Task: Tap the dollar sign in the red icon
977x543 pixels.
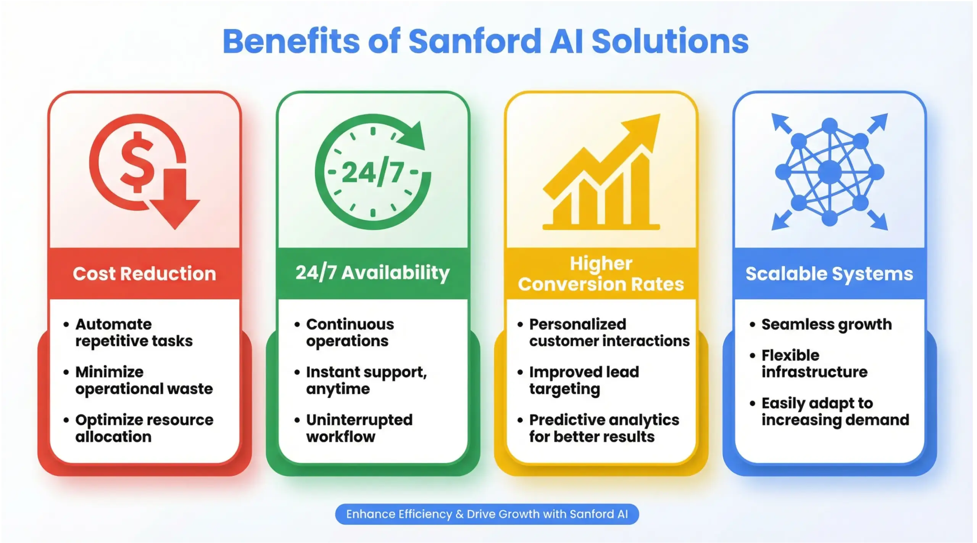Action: click(x=137, y=162)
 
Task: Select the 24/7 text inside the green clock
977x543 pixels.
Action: click(x=372, y=173)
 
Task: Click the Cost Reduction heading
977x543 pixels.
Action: click(x=144, y=273)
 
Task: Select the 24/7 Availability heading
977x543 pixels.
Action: click(x=372, y=273)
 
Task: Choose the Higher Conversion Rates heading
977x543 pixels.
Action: click(x=601, y=274)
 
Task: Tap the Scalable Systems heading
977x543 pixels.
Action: click(x=829, y=273)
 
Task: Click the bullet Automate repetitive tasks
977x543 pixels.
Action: click(x=134, y=333)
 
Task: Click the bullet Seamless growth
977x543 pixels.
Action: click(x=826, y=325)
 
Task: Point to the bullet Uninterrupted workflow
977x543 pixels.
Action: click(x=359, y=428)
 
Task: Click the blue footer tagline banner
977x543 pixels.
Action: click(x=487, y=514)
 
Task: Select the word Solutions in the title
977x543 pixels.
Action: click(x=670, y=41)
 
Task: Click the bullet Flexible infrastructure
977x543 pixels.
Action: click(x=814, y=363)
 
